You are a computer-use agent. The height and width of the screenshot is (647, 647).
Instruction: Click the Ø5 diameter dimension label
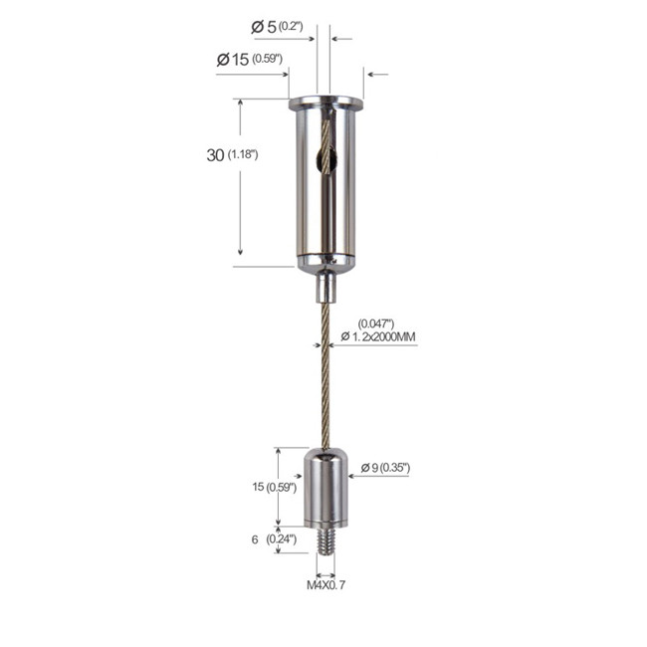pyautogui.click(x=264, y=27)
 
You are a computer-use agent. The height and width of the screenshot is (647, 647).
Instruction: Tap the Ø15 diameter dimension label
pyautogui.click(x=233, y=60)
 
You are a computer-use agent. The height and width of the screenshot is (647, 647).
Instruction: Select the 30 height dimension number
pyautogui.click(x=214, y=155)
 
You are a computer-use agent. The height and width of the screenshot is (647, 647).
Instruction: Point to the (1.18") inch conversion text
pyautogui.click(x=243, y=155)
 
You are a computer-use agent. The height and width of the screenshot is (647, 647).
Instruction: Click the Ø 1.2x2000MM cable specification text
pyautogui.click(x=378, y=338)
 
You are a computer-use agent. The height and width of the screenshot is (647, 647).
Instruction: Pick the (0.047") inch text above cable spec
pyautogui.click(x=375, y=323)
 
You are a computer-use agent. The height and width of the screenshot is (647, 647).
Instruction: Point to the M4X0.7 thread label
pyautogui.click(x=325, y=586)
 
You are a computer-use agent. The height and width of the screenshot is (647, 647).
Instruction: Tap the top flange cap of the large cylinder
pyautogui.click(x=325, y=103)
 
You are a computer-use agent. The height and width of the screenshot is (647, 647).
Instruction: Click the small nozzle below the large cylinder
pyautogui.click(x=324, y=288)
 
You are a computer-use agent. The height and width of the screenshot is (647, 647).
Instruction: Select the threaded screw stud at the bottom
pyautogui.click(x=324, y=541)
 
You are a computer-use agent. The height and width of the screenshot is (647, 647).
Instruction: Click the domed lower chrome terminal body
pyautogui.click(x=325, y=488)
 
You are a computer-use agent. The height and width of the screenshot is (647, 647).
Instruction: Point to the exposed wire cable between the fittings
pyautogui.click(x=324, y=378)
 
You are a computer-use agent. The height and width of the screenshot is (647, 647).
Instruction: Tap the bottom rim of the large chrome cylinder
pyautogui.click(x=325, y=264)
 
